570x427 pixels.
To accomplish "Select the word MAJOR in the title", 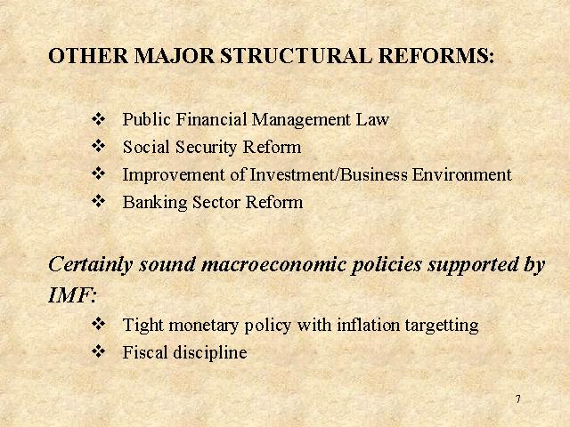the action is pos(175,56).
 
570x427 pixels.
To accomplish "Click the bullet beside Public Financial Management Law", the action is pos(98,118).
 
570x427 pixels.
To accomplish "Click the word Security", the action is pos(206,148).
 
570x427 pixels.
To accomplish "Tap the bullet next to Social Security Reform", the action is pos(98,146).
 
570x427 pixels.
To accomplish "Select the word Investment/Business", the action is pos(329,174).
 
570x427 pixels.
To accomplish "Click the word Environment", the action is pos(461,174).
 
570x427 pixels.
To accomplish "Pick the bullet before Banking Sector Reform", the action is pos(98,201).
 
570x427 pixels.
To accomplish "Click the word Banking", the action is pos(155,203).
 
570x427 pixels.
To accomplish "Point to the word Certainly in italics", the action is pos(91,265).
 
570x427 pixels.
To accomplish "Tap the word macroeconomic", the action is pos(273,264).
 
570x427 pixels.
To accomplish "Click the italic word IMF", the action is pos(69,295).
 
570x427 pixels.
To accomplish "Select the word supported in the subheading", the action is pos(473,265).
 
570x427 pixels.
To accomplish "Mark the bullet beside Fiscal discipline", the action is pos(98,351).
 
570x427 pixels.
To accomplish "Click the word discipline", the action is pos(210,353).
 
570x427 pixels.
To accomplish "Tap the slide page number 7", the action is pos(518,399).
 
